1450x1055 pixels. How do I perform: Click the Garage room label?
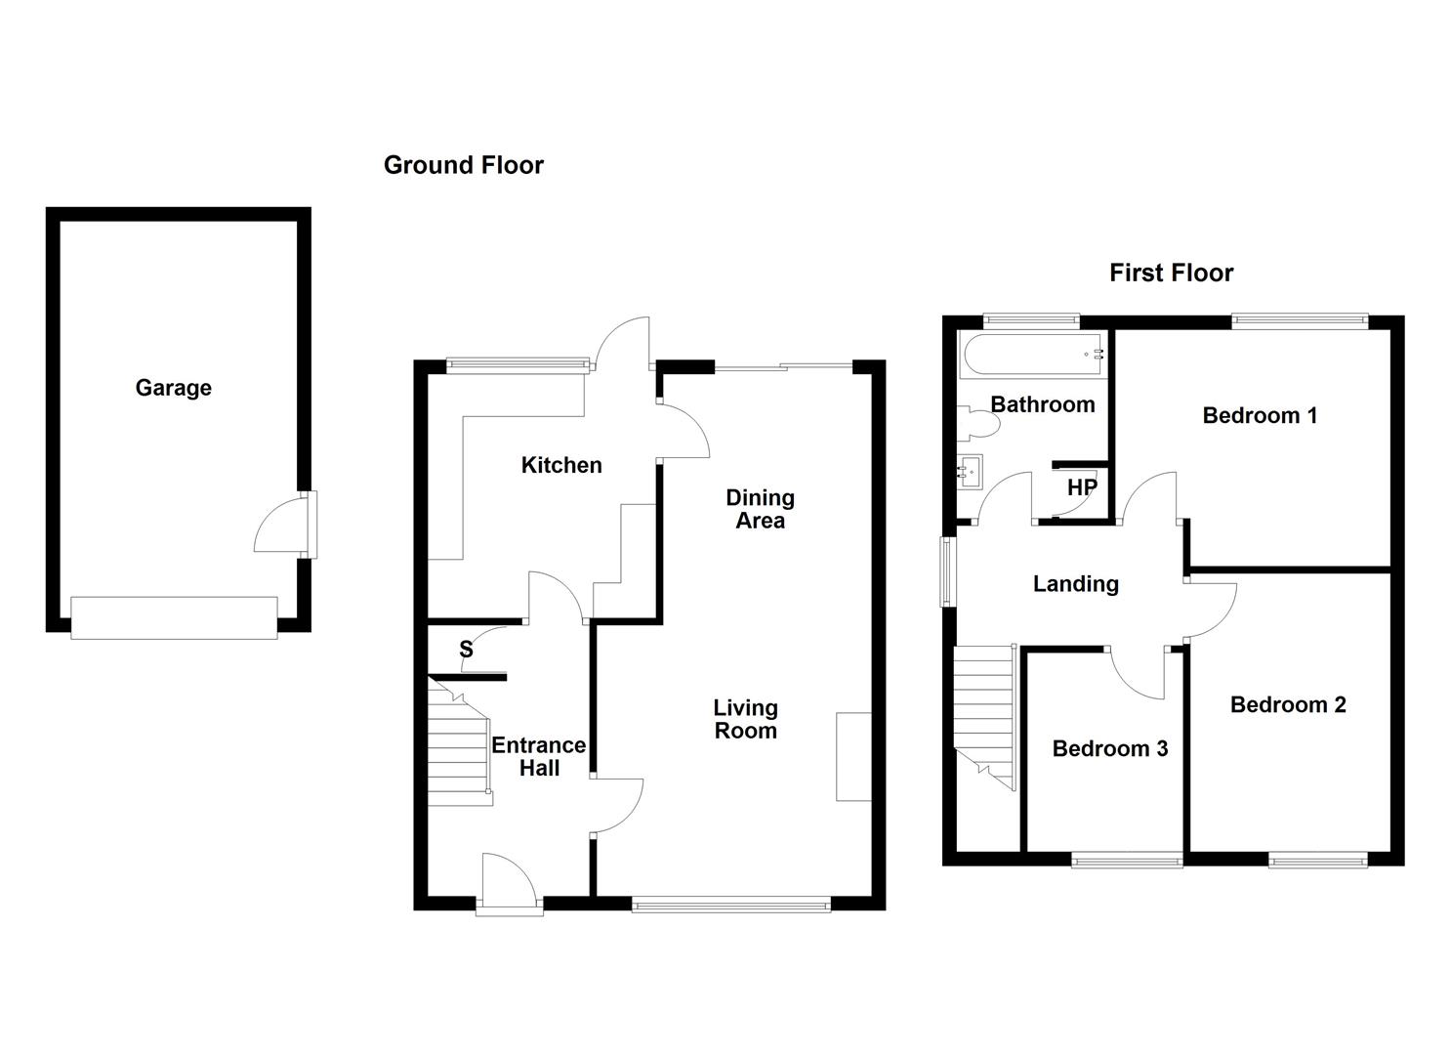(174, 388)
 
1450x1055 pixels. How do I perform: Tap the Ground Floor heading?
(464, 165)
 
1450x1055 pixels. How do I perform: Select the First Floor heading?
(1171, 273)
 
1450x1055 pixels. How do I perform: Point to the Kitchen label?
(561, 465)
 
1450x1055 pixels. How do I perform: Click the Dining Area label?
(760, 509)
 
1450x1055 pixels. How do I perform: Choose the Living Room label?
(746, 720)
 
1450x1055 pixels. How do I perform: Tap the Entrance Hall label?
(539, 756)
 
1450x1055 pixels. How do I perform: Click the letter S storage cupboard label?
(466, 649)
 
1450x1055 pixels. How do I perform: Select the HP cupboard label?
(1082, 487)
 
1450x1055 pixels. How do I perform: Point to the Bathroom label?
(1043, 404)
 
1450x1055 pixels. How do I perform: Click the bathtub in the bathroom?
(1033, 355)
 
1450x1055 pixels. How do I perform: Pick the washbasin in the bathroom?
(970, 472)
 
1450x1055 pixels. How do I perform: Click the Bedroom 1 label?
(1260, 416)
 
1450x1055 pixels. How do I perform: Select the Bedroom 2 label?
(1288, 704)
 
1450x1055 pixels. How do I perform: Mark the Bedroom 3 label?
(1110, 748)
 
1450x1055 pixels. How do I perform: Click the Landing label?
(1076, 584)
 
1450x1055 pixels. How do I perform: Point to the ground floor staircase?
(458, 748)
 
